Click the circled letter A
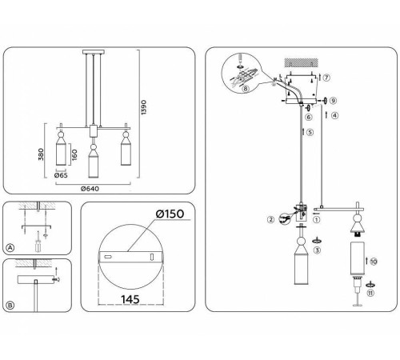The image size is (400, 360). coord(10,247)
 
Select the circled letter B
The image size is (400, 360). coord(10,304)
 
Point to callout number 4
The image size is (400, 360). coord(334,115)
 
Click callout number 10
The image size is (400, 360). coord(374,261)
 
